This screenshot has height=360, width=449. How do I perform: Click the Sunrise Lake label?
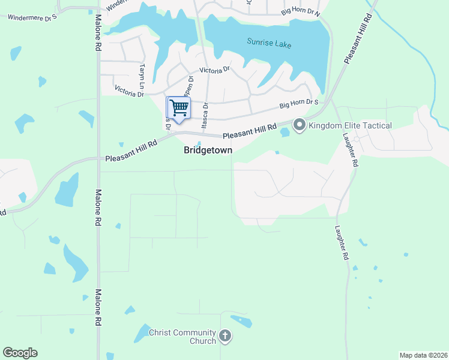(x=269, y=42)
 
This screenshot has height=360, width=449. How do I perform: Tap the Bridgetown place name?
(x=208, y=151)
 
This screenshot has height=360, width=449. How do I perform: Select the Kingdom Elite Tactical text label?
(x=350, y=125)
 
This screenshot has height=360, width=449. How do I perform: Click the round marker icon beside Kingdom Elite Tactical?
(x=299, y=125)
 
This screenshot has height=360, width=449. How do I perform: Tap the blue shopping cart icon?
(x=178, y=108)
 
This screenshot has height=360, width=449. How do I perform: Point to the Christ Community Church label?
(x=182, y=337)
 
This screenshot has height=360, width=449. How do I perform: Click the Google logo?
(x=20, y=353)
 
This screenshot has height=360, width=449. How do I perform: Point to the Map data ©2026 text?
(x=423, y=355)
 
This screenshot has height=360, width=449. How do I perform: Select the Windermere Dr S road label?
(x=32, y=17)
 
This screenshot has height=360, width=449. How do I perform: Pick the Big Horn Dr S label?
(x=298, y=105)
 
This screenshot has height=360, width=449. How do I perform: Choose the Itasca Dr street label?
(x=205, y=114)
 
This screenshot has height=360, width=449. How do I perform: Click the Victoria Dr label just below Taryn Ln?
(x=129, y=92)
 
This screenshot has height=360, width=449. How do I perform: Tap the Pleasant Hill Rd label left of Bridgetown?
(x=131, y=151)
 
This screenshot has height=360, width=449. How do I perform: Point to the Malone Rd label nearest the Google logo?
(x=98, y=308)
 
